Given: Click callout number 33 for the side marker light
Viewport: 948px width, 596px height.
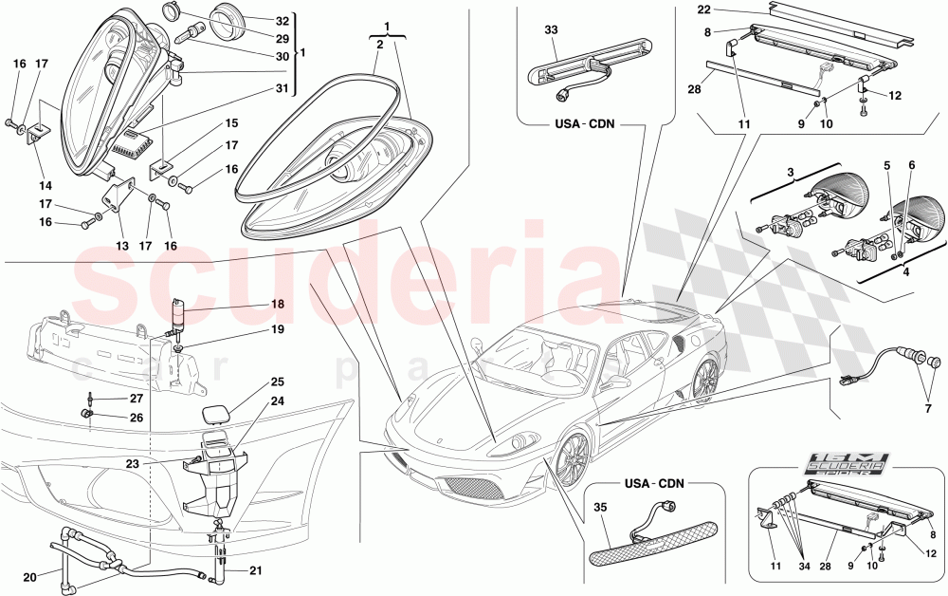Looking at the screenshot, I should tap(550, 28).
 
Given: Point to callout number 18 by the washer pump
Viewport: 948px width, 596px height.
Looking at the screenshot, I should tap(277, 305).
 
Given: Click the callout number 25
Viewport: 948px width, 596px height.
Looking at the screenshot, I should tap(277, 381).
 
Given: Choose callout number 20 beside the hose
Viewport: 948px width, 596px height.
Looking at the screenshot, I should tap(28, 577).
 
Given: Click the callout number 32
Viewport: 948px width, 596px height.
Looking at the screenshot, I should tap(283, 20).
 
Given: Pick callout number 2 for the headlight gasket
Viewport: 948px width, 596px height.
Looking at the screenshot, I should tap(378, 45).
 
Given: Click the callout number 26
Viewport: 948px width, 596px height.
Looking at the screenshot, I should tap(137, 417).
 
